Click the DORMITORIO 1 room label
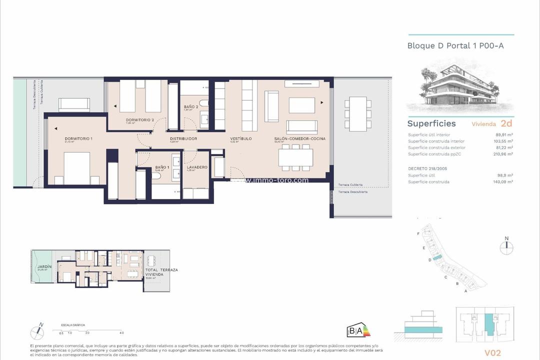pos(79,138)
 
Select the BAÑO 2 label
pos(191,107)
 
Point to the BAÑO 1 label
pos(162,167)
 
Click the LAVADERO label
pos(197,167)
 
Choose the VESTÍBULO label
pos(240,138)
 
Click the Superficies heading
pos(431,123)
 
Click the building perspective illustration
pos(460,87)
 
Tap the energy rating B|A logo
pos(358,330)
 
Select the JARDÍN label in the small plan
pos(44,267)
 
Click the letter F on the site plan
pos(418,234)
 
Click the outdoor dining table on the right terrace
pos(357,114)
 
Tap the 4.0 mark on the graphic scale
pos(121,332)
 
